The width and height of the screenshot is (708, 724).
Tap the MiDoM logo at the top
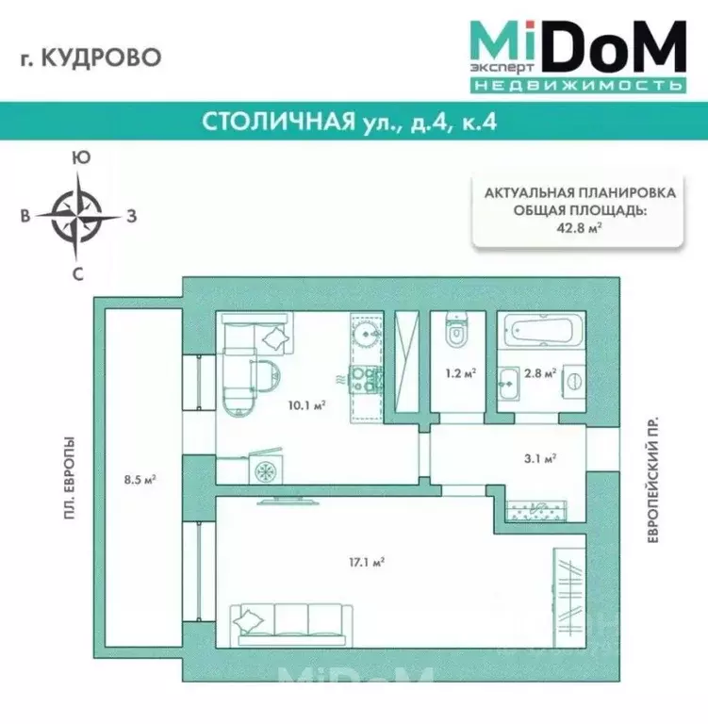[x=577, y=54]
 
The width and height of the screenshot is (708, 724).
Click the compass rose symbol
[x=80, y=216]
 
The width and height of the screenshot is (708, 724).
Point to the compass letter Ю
[x=82, y=158]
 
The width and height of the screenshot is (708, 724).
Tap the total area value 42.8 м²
[x=579, y=226]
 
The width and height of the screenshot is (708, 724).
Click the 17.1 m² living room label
[x=367, y=562]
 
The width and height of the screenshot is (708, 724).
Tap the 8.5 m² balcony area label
[x=140, y=479]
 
